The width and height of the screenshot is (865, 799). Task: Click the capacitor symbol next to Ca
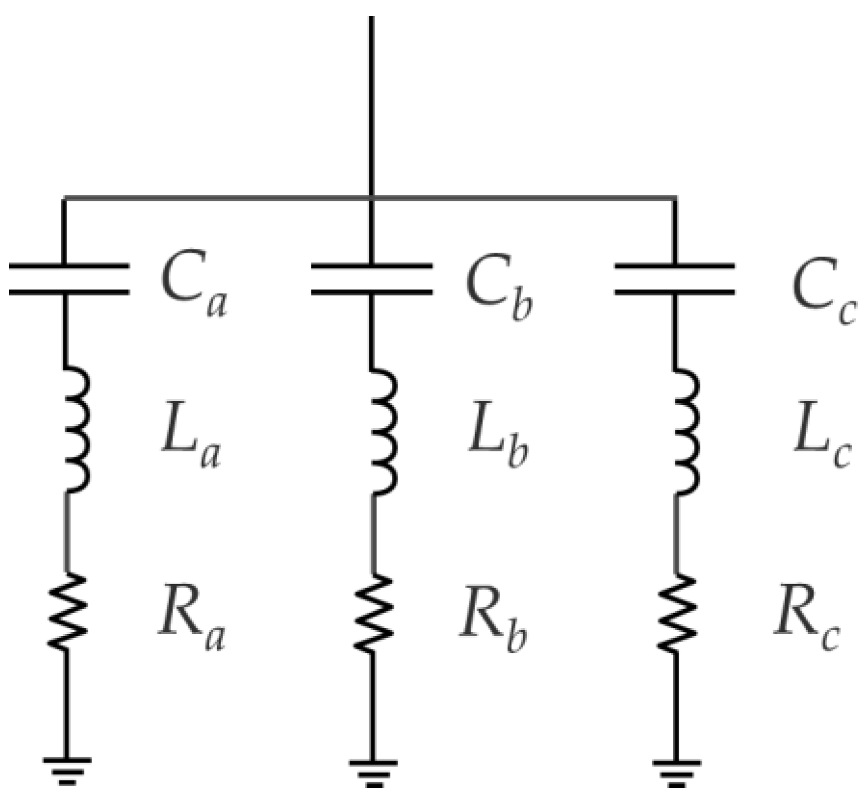pyautogui.click(x=69, y=279)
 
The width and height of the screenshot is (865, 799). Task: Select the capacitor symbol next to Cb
pyautogui.click(x=371, y=279)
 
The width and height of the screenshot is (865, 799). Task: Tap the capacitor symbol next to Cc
pyautogui.click(x=674, y=279)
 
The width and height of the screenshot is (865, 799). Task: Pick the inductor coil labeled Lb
pyautogui.click(x=382, y=431)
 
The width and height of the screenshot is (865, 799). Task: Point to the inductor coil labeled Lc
pyautogui.click(x=684, y=431)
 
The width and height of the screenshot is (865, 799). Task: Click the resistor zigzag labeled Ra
pyautogui.click(x=67, y=612)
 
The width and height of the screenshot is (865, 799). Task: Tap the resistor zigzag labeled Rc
pyautogui.click(x=676, y=613)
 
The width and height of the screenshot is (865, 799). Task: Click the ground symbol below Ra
pyautogui.click(x=67, y=770)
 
